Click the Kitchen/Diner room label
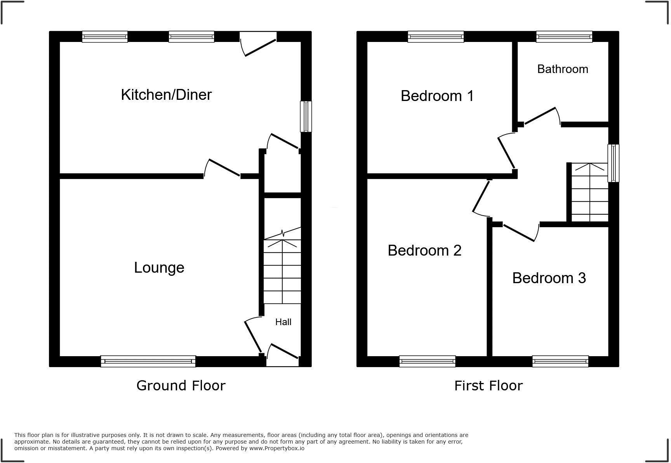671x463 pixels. (166, 95)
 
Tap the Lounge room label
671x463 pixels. (159, 268)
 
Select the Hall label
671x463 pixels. (283, 322)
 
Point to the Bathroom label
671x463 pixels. (562, 69)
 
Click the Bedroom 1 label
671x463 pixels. (437, 96)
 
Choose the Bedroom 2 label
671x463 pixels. (424, 251)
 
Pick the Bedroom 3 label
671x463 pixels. (549, 278)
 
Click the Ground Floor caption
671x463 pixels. (181, 386)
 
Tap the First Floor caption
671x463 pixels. (488, 386)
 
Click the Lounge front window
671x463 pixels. (148, 361)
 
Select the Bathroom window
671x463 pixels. (564, 37)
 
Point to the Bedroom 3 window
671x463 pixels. (560, 361)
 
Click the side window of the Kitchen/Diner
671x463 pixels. (306, 117)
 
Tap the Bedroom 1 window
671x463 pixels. (436, 37)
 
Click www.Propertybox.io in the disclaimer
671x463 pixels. (276, 448)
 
